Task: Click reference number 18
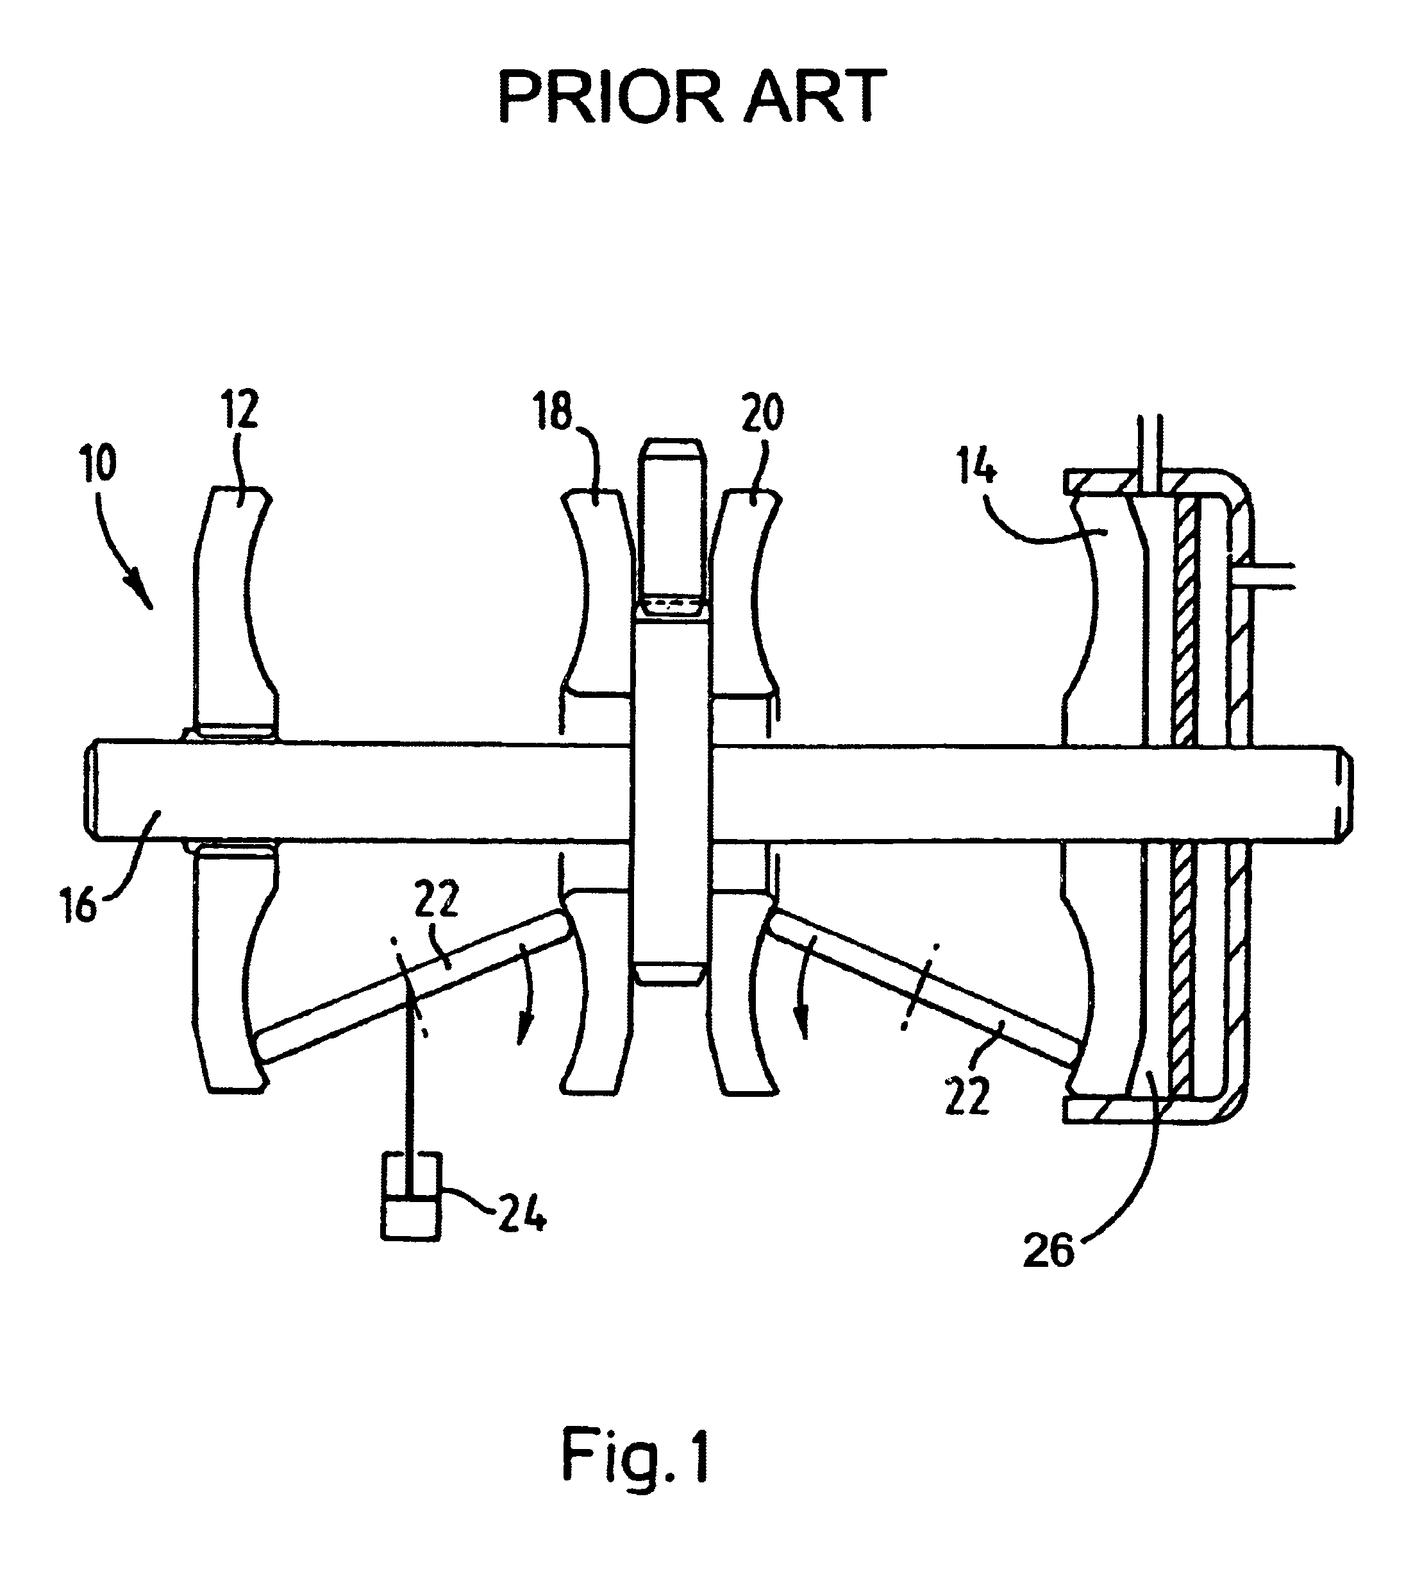coord(553,412)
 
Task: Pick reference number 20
coord(762,413)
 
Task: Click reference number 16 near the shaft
coord(80,906)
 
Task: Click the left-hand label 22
coord(437,899)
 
